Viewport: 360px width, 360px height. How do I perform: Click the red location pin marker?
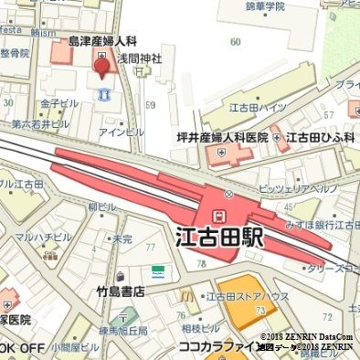point(101,63)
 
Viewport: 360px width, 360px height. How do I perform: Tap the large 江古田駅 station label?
point(219,239)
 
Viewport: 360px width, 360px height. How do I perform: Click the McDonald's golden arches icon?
point(186,294)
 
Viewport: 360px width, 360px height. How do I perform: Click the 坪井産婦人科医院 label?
point(222,137)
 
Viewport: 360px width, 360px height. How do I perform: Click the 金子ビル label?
point(60,103)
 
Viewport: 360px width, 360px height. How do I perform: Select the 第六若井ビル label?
point(40,122)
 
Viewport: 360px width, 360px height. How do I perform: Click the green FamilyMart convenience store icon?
point(158,272)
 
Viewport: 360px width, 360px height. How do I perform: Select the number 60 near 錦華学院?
point(236,41)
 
